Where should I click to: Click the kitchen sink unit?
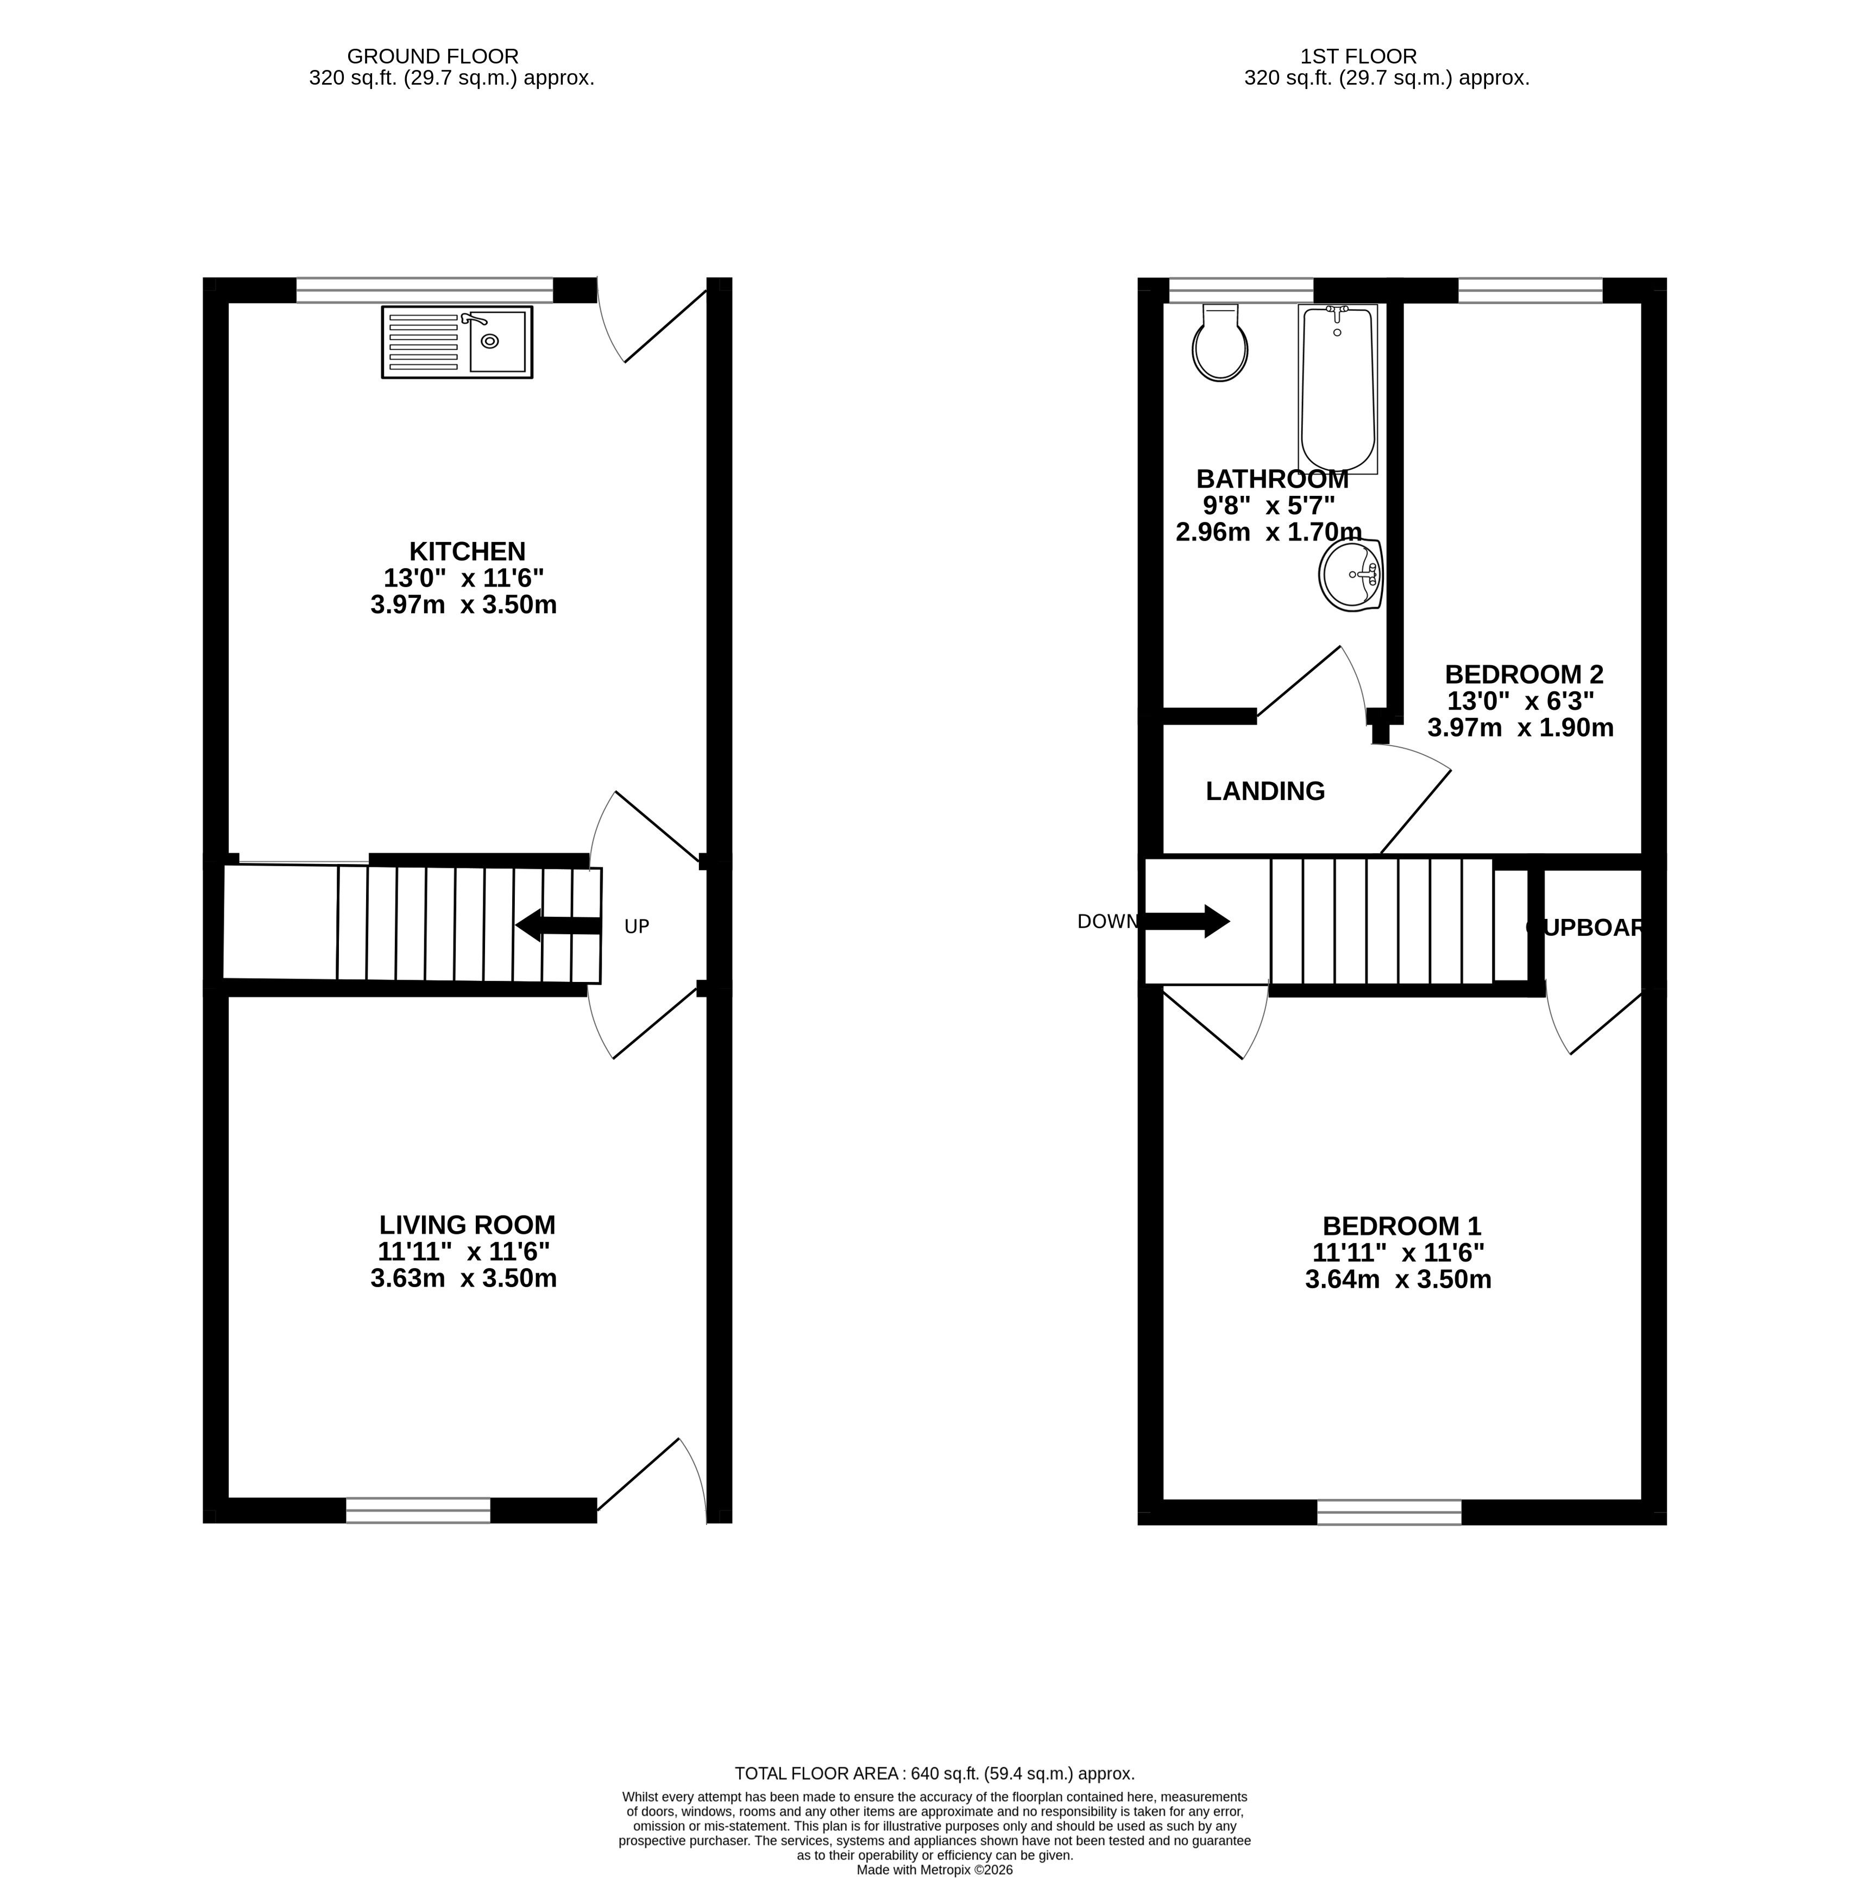[x=457, y=341]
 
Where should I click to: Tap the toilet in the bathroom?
[x=1220, y=342]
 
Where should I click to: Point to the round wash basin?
[x=1351, y=575]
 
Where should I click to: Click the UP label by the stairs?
[x=637, y=927]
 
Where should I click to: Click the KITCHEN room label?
[x=468, y=551]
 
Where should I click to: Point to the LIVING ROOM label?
[x=468, y=1225]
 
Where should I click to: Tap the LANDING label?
[x=1265, y=791]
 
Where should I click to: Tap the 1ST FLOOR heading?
[x=1359, y=56]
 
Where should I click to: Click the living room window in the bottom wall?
[x=418, y=1510]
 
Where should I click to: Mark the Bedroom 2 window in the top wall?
[x=1530, y=289]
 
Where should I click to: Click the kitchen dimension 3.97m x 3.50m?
[x=464, y=604]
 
